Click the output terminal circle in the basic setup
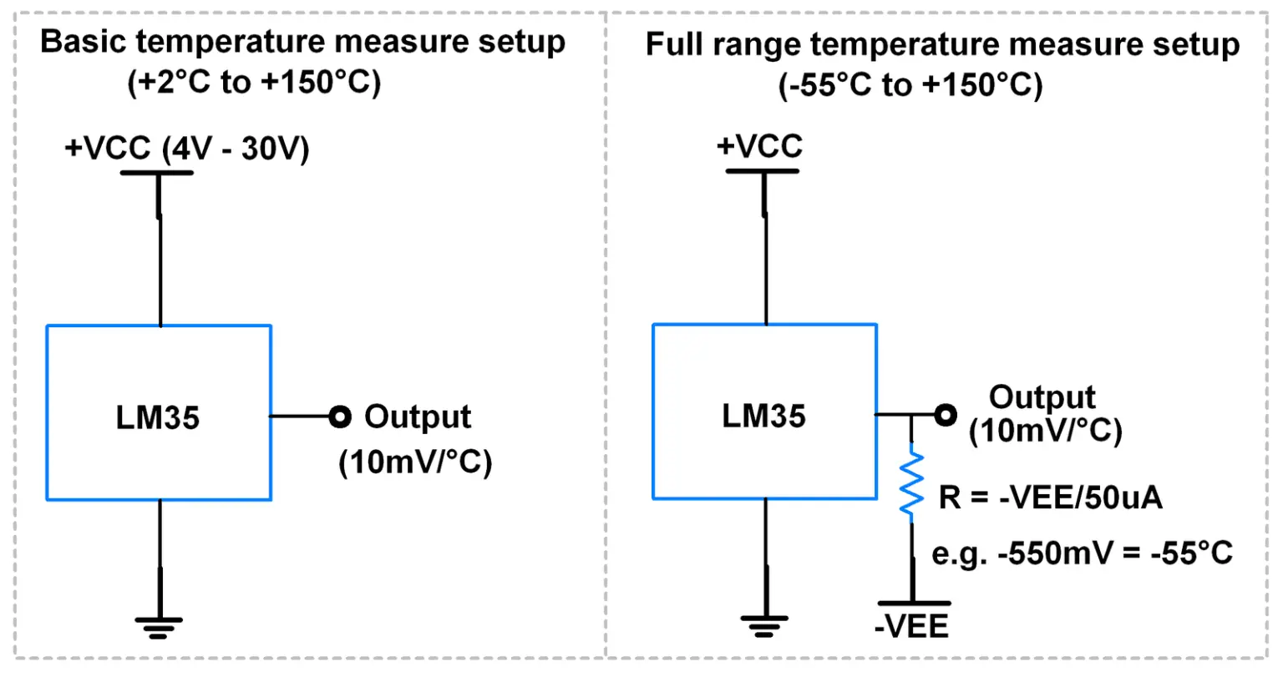tap(339, 417)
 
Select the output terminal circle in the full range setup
tap(945, 415)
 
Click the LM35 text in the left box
tap(158, 417)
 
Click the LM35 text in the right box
tap(763, 416)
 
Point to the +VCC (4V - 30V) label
tap(187, 149)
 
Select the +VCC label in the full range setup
tap(759, 146)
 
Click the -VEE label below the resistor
tap(911, 626)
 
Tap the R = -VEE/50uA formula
tap(1050, 498)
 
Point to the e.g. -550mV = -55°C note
tap(1082, 553)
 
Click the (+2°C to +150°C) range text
tap(254, 83)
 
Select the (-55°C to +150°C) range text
tap(910, 85)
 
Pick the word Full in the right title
tap(673, 43)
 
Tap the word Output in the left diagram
tap(418, 417)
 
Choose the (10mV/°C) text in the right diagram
tap(1045, 431)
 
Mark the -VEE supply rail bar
tap(913, 603)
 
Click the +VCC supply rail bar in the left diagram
tap(157, 173)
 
